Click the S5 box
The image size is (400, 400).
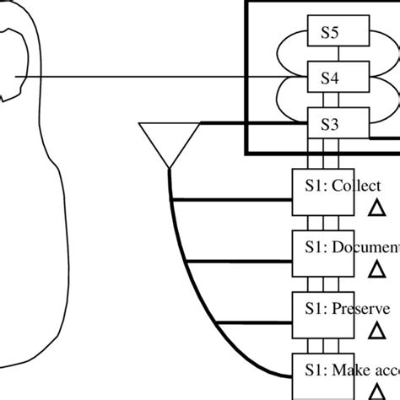(x=331, y=33)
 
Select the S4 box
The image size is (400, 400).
(x=331, y=78)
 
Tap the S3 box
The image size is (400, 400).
(x=331, y=124)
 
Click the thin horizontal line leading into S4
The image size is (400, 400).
(x=152, y=79)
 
